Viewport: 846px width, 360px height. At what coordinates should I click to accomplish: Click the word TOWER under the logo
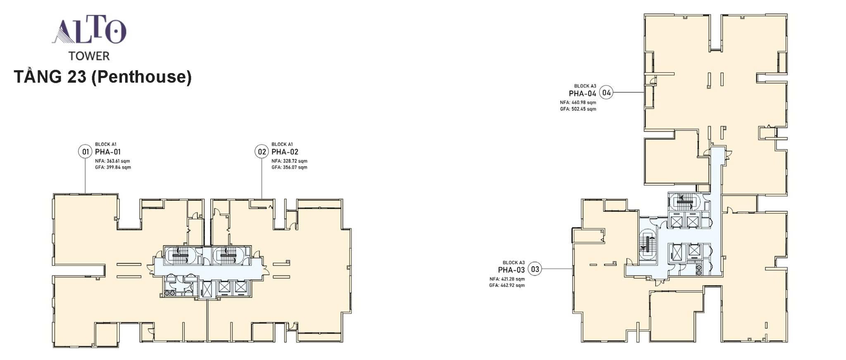[89, 56]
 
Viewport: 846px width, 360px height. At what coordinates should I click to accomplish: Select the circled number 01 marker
[85, 152]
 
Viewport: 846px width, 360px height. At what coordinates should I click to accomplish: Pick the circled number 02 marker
[262, 152]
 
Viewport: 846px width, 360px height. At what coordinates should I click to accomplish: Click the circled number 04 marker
[606, 93]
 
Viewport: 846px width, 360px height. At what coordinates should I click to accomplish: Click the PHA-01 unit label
[108, 152]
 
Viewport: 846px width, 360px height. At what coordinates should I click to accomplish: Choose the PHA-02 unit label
[285, 152]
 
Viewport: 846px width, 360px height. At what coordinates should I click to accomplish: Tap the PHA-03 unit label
[511, 270]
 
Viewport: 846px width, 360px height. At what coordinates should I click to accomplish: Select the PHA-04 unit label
[583, 94]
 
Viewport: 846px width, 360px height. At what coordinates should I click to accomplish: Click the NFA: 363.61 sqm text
[113, 161]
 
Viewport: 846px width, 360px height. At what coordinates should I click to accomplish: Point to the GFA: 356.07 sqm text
[289, 168]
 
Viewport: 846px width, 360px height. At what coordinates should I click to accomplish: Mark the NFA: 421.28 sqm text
[507, 279]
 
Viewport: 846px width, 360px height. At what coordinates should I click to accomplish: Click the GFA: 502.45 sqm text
[578, 109]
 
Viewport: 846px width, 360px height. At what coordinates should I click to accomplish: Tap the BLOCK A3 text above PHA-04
[585, 86]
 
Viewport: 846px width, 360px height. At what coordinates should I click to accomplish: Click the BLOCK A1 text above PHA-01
[106, 144]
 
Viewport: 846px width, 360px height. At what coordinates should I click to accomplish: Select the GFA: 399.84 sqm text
[113, 168]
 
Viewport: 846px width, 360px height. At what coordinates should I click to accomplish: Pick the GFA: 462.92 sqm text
[507, 286]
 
